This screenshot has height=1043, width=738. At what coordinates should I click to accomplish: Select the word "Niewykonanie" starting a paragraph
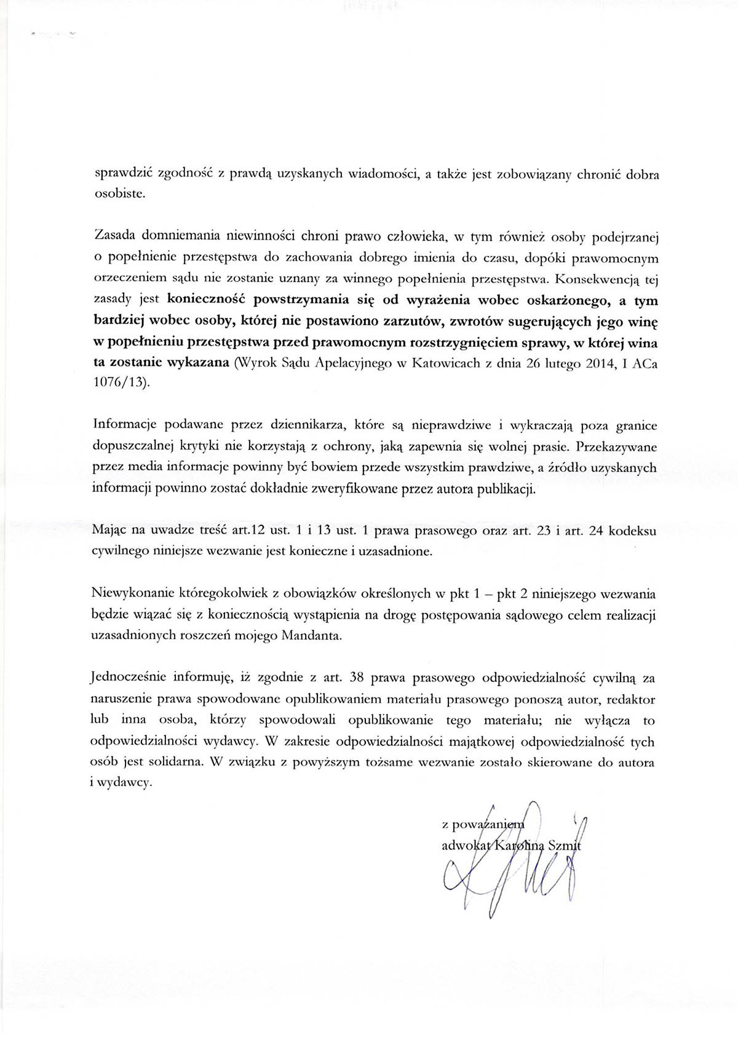click(x=125, y=595)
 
